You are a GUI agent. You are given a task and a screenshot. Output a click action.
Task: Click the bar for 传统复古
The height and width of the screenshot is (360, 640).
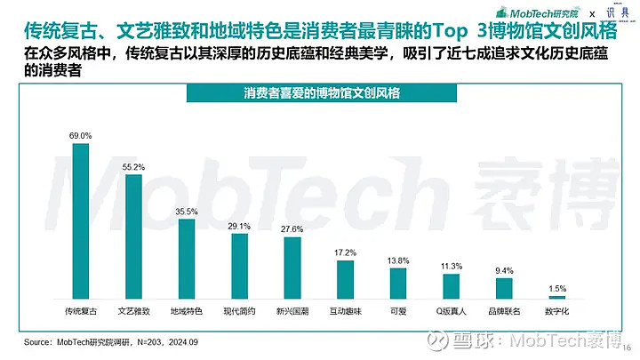(x=80, y=221)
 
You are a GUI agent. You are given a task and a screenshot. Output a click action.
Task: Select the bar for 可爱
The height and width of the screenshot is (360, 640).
(x=397, y=284)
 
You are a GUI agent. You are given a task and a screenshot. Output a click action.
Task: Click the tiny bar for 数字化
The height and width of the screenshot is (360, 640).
(x=557, y=297)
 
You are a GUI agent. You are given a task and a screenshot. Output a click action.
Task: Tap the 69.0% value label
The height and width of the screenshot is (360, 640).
(x=80, y=135)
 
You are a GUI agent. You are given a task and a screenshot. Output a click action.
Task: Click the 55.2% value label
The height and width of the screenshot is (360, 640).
(x=133, y=166)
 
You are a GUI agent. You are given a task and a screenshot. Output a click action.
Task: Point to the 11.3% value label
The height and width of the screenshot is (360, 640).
(x=452, y=266)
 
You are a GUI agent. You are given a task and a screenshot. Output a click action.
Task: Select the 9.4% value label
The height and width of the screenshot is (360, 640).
(x=504, y=270)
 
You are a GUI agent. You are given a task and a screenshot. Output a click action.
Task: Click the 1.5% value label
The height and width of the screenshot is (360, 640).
(x=557, y=288)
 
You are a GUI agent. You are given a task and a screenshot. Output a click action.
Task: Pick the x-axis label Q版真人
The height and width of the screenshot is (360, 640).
(x=452, y=311)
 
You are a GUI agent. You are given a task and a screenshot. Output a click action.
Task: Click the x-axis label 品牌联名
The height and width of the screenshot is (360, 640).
(x=504, y=311)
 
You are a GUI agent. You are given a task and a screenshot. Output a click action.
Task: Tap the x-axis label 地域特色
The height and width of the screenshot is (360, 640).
(x=187, y=311)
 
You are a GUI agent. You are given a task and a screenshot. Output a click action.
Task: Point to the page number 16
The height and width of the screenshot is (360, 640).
(x=626, y=348)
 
